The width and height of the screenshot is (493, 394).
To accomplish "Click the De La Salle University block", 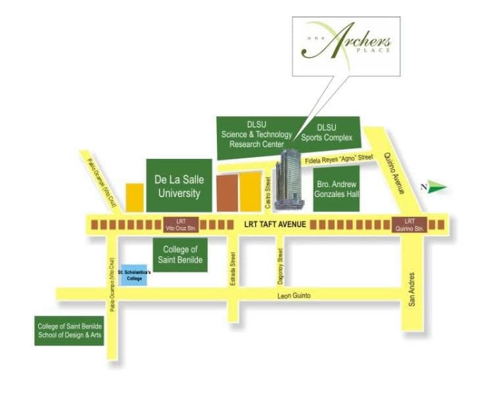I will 177,185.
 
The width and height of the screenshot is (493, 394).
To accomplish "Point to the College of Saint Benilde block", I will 180,255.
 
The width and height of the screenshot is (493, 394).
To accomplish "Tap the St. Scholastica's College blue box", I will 133,276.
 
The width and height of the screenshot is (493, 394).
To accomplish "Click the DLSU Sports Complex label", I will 327,132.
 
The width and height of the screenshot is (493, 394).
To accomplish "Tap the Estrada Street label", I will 232,265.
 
